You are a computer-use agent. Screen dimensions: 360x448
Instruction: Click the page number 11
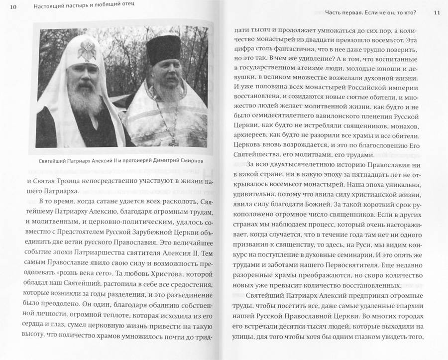tap(437, 11)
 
